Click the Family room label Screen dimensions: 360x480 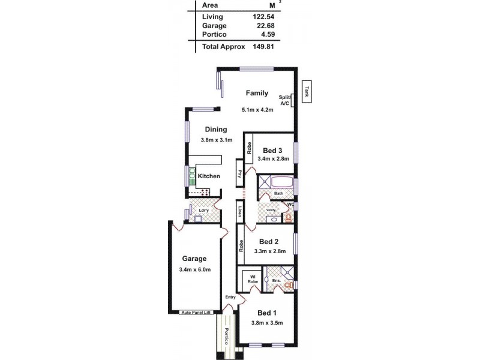[257, 93]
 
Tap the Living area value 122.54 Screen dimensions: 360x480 [263, 16]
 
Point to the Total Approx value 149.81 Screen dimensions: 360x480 [263, 46]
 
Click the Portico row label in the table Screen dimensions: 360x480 [214, 35]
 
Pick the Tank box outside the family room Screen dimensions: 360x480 [307, 92]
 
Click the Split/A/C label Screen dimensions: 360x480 [284, 100]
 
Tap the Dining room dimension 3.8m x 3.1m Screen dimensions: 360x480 [215, 140]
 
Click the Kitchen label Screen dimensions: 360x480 [209, 176]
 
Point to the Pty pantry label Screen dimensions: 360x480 [239, 174]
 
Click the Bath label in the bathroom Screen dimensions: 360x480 [278, 194]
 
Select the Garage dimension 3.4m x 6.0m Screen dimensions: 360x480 [194, 269]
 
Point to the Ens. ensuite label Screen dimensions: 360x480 [276, 280]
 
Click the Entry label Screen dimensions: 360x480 [230, 298]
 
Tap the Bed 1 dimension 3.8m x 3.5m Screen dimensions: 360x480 [267, 323]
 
